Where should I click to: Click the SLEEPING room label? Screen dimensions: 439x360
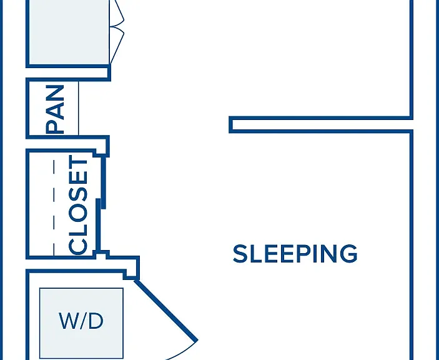295,254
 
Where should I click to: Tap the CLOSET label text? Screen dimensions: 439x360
78,205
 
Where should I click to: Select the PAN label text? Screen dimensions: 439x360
55,109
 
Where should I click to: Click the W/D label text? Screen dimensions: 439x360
81,321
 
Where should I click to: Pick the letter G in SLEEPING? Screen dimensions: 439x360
349,254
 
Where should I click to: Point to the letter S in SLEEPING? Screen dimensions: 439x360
240,254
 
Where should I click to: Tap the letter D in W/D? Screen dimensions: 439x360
96,321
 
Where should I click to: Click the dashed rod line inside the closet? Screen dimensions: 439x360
54,207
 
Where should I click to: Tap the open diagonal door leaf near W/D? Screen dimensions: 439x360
166,311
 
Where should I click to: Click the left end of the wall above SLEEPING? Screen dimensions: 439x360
230,124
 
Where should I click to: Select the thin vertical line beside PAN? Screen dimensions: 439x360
79,108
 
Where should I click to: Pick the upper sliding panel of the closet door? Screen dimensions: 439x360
103,182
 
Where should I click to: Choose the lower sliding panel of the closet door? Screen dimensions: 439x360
98,224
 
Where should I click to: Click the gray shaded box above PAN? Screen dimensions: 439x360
69,32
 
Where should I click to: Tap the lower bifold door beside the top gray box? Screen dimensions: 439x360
117,46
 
